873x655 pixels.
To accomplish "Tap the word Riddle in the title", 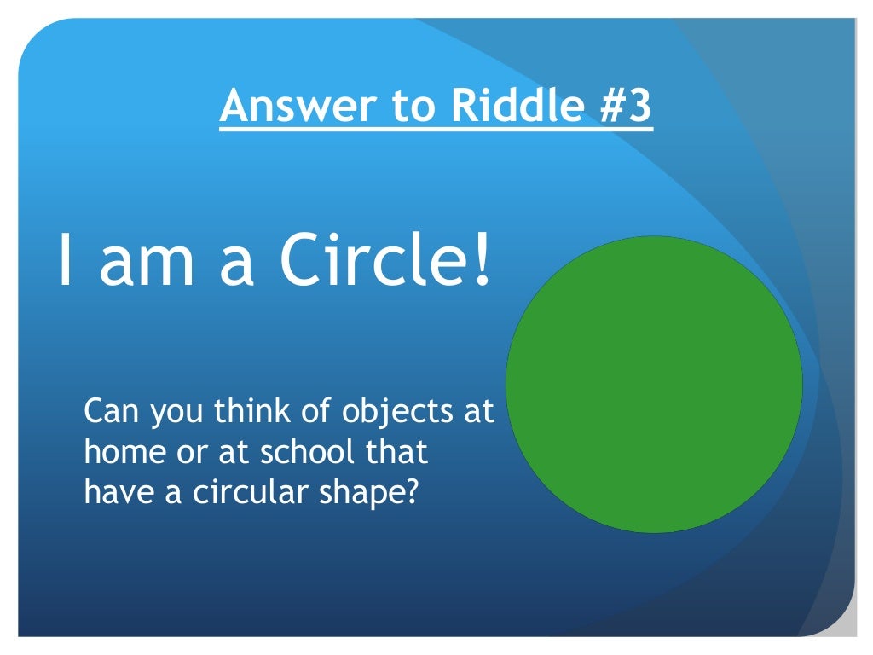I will [x=493, y=107].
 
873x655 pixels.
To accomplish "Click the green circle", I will [x=654, y=384].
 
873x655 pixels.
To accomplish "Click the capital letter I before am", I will [x=64, y=261].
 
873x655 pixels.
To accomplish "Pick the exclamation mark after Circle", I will [x=483, y=261].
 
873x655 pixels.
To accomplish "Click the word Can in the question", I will [x=112, y=412].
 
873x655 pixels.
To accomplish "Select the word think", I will [x=247, y=412].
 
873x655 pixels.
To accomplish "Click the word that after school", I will [x=397, y=452].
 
